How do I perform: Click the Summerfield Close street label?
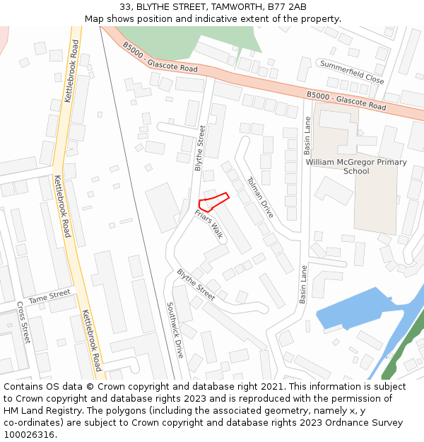[351, 72]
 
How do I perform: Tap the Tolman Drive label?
[260, 197]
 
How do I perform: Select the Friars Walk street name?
[210, 223]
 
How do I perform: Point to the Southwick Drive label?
[175, 330]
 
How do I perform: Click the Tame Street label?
[49, 293]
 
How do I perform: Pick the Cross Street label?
[23, 322]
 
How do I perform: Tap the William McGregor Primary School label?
[356, 166]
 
